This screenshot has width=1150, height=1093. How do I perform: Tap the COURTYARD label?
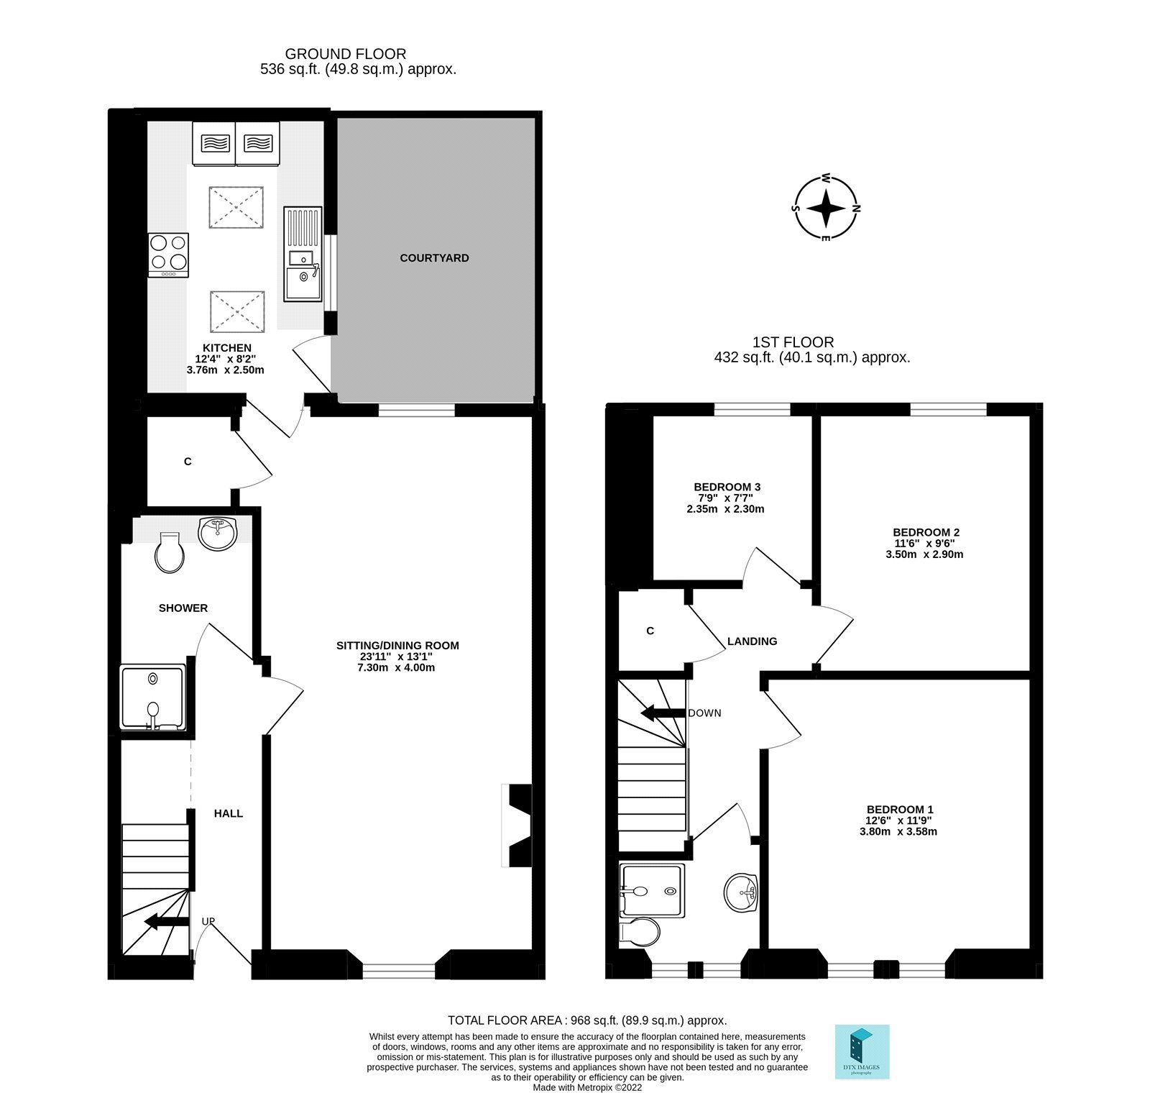[x=434, y=257]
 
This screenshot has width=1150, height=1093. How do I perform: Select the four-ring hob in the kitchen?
[x=168, y=255]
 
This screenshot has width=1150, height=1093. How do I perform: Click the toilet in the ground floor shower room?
[x=170, y=552]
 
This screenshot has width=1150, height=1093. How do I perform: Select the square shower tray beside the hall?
[x=152, y=698]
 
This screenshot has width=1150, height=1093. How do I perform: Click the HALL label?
[x=229, y=813]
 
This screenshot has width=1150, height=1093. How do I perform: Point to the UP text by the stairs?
[x=208, y=920]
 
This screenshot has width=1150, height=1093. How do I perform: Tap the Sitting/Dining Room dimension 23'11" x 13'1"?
[x=397, y=656]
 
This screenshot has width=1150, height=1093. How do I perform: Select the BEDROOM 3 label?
[x=727, y=487]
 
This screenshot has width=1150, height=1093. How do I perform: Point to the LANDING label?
[x=752, y=641]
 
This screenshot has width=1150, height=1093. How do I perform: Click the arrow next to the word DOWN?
[x=662, y=713]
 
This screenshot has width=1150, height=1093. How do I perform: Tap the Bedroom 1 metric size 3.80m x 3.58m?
[x=898, y=832]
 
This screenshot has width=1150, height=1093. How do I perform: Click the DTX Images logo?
[x=862, y=1051]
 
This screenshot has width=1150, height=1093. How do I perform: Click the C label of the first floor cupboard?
[x=650, y=631]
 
